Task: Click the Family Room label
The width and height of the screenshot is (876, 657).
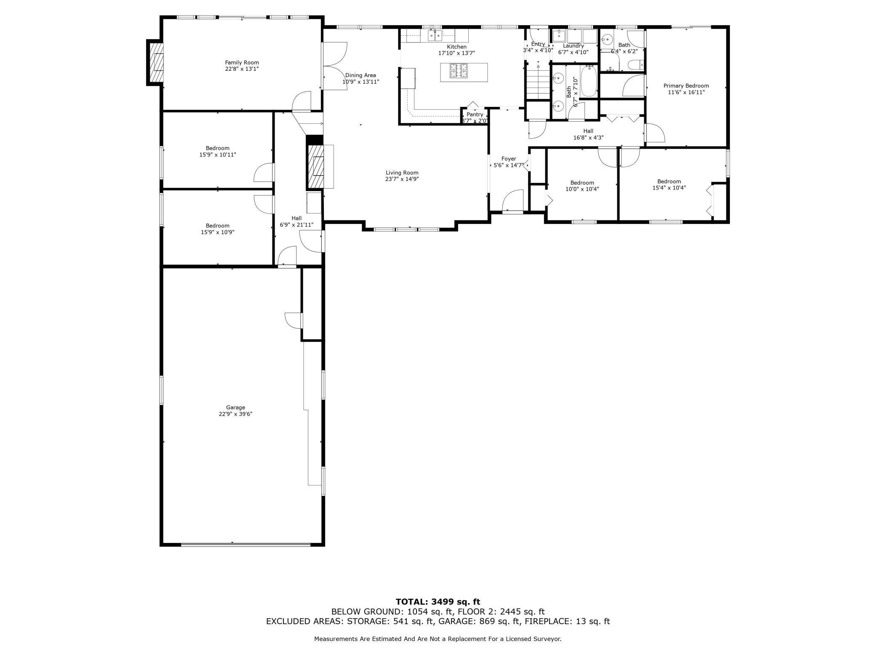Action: [x=242, y=62]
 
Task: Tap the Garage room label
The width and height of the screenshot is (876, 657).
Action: [x=235, y=407]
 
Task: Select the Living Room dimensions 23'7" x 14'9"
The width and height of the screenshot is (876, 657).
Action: [x=402, y=179]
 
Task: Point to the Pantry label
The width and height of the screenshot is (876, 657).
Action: [x=475, y=114]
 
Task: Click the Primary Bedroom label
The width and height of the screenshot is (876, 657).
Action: [x=686, y=85]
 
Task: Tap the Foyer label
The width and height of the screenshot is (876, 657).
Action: [x=509, y=159]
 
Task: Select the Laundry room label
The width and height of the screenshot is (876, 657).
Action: [x=573, y=45]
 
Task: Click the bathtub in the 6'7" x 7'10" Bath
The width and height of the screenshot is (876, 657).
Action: [x=589, y=81]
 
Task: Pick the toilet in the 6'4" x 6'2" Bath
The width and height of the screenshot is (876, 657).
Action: [x=634, y=65]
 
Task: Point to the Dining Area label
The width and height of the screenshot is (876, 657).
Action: [x=361, y=75]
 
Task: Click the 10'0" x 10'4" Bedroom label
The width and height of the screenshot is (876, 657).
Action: [x=582, y=182]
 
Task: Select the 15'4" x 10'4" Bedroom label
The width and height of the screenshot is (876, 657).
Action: [x=669, y=182]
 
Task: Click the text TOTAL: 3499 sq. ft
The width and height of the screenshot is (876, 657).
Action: [x=438, y=602]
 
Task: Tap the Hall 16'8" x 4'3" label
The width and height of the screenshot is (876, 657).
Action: [x=588, y=131]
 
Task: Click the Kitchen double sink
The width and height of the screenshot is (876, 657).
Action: [x=435, y=35]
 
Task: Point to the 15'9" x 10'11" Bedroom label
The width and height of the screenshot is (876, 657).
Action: [x=218, y=148]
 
